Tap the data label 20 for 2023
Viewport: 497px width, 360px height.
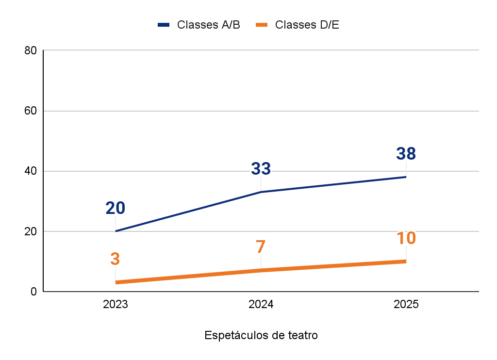pyautogui.click(x=116, y=208)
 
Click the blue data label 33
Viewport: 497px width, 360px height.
pyautogui.click(x=261, y=169)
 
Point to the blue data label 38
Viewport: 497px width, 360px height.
pyautogui.click(x=406, y=154)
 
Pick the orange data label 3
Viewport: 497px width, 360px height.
pyautogui.click(x=115, y=259)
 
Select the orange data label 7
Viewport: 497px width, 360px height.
pyautogui.click(x=261, y=247)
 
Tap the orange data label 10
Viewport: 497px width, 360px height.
pyautogui.click(x=406, y=238)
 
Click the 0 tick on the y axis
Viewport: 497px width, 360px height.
pyautogui.click(x=33, y=292)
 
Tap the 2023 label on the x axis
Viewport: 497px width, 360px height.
pyautogui.click(x=116, y=305)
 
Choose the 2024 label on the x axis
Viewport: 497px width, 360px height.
pyautogui.click(x=261, y=305)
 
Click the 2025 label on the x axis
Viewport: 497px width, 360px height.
pyautogui.click(x=406, y=305)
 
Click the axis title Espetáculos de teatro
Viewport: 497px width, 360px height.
pyautogui.click(x=261, y=335)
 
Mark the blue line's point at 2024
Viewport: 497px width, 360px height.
pyautogui.click(x=261, y=192)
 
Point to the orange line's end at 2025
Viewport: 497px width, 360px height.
pyautogui.click(x=406, y=262)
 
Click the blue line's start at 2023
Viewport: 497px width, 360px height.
pyautogui.click(x=116, y=231)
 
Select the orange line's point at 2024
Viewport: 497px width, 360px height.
pyautogui.click(x=261, y=270)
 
